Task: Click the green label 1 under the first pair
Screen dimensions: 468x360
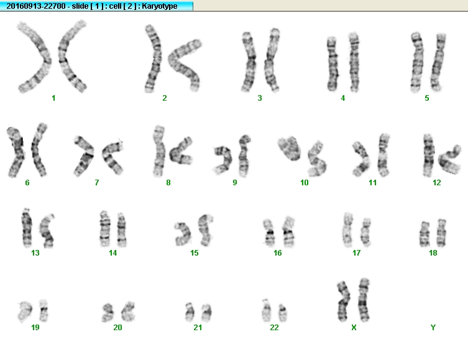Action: pyautogui.click(x=53, y=98)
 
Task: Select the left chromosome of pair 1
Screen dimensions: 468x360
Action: pyautogui.click(x=45, y=60)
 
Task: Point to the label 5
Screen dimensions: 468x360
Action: pyautogui.click(x=427, y=98)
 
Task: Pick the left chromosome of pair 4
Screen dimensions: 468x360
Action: pyautogui.click(x=333, y=63)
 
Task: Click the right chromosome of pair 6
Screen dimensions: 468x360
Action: pyautogui.click(x=38, y=149)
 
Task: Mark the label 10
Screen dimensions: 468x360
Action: pyautogui.click(x=304, y=183)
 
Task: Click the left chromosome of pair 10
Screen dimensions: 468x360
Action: pyautogui.click(x=290, y=149)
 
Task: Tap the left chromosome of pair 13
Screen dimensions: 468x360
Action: pyautogui.click(x=27, y=228)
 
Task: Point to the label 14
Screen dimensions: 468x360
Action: pyautogui.click(x=113, y=253)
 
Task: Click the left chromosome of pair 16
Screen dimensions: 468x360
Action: pyautogui.click(x=269, y=233)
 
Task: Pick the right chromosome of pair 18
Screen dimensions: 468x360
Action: pyautogui.click(x=441, y=233)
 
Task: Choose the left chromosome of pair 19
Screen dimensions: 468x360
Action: pyautogui.click(x=25, y=312)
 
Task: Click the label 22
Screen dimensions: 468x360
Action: pyautogui.click(x=274, y=328)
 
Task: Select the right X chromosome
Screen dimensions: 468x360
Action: pyautogui.click(x=364, y=300)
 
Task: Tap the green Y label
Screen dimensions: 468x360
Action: pyautogui.click(x=433, y=328)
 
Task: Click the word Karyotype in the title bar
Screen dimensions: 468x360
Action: pyautogui.click(x=160, y=6)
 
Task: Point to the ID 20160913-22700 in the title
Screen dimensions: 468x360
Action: pyautogui.click(x=36, y=6)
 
